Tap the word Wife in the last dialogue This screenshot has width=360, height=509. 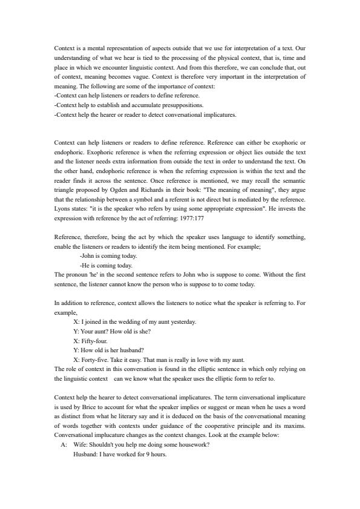tap(80, 445)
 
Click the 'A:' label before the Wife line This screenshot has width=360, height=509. tap(64, 445)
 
